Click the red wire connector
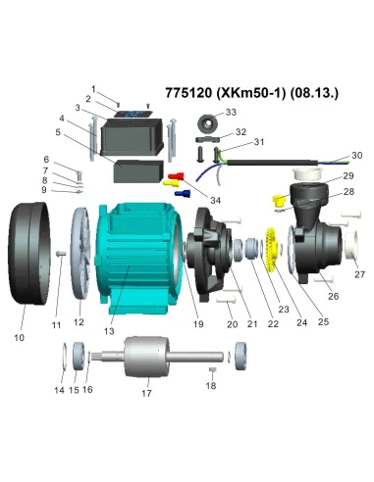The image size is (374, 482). pyautogui.click(x=176, y=176)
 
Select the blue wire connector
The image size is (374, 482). pyautogui.click(x=183, y=193)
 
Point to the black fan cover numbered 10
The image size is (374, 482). pyautogui.click(x=29, y=254)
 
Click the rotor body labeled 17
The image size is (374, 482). pyautogui.click(x=147, y=357)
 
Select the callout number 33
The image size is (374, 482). pyautogui.click(x=231, y=112)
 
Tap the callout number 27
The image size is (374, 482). pyautogui.click(x=359, y=274)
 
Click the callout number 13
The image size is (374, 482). pyautogui.click(x=109, y=331)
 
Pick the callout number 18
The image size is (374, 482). pyautogui.click(x=211, y=386)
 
